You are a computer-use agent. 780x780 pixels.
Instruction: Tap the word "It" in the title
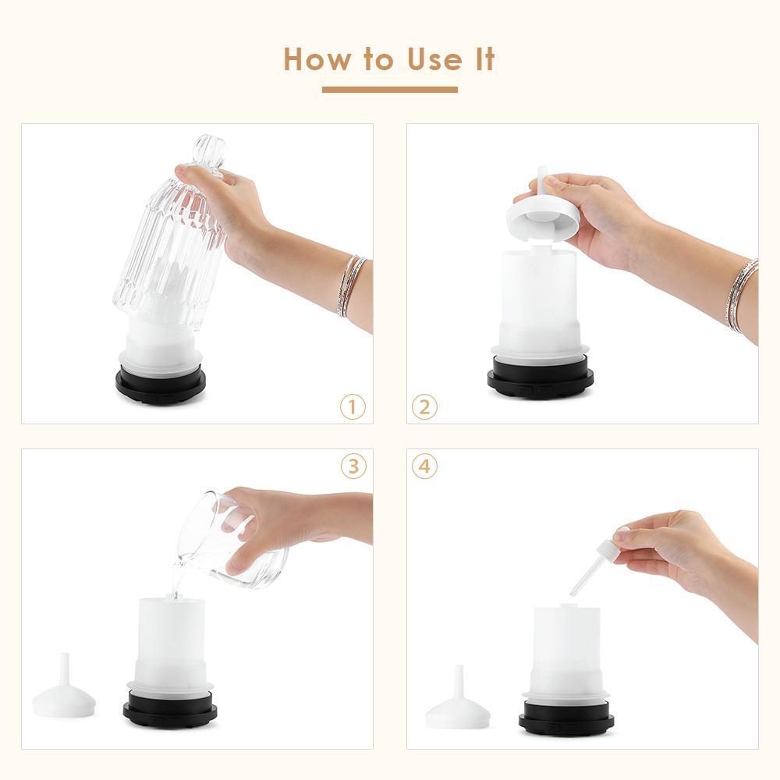coord(484,59)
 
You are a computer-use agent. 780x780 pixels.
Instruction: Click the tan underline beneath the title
coord(389,90)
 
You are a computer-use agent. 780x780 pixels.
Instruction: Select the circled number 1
coord(353,406)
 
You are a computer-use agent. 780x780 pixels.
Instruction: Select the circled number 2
coord(425,406)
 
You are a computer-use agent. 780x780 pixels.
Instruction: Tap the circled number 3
coord(353,466)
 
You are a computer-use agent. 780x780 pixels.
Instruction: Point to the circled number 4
coord(425,466)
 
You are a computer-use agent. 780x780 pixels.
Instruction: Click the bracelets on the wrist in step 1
coord(352,285)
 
